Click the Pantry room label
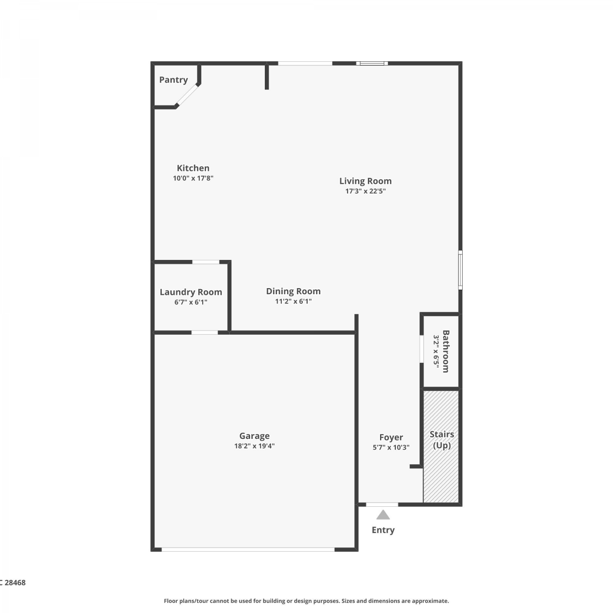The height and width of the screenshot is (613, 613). (173, 80)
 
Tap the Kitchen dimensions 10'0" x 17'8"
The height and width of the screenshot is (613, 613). (193, 178)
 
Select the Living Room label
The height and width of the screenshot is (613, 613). (365, 181)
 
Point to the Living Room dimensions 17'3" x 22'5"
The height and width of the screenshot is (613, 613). (365, 191)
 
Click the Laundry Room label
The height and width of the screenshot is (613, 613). (191, 292)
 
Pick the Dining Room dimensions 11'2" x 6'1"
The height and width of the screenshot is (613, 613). (293, 302)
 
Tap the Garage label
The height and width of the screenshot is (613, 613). (254, 436)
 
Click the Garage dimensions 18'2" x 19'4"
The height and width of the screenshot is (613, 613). (254, 446)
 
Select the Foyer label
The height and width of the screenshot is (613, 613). (391, 438)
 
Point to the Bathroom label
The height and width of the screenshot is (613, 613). (446, 351)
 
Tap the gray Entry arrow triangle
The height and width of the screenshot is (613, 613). (383, 515)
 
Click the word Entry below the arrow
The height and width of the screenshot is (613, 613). (383, 530)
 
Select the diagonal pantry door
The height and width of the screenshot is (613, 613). (187, 95)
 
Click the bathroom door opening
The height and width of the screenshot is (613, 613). (422, 349)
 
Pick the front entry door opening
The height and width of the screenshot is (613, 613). (382, 505)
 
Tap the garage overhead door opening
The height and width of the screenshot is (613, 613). (248, 550)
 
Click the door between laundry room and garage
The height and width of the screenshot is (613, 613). (205, 333)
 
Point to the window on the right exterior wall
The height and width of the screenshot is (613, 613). (460, 270)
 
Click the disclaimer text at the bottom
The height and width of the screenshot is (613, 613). (306, 601)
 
